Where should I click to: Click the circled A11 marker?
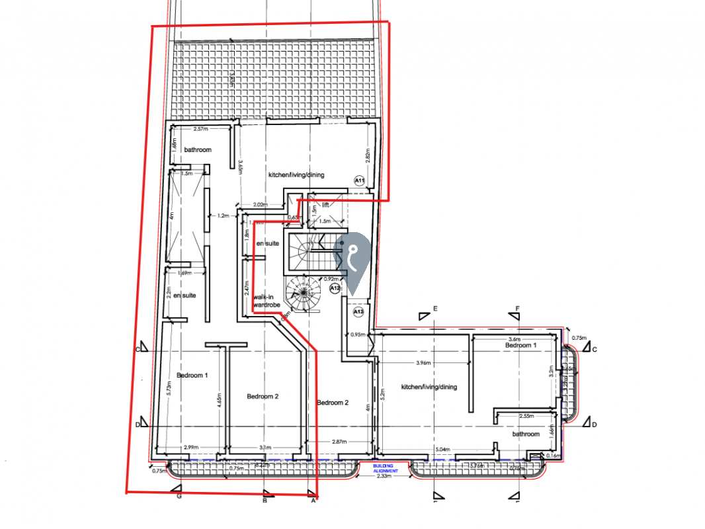coord(360,180)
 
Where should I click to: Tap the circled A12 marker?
coord(335,288)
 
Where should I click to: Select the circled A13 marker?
coord(359,311)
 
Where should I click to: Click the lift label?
coord(325,206)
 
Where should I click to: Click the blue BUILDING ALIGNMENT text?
coord(386,468)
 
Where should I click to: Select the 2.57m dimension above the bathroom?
coord(201,129)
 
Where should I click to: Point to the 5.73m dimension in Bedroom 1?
coord(170,390)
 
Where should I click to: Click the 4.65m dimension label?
coord(218,399)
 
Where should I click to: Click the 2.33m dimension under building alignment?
coord(385,475)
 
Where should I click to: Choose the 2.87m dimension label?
coord(340,441)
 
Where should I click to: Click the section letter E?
coord(436,309)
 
